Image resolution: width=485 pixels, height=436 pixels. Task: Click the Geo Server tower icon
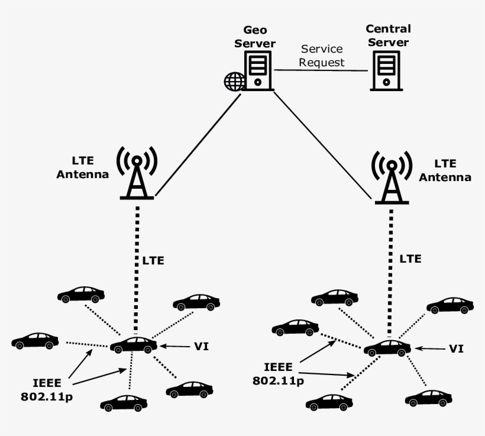(x=258, y=70)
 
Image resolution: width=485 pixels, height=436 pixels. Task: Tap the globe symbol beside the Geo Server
(x=234, y=82)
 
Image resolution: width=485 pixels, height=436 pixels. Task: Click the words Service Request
(x=322, y=56)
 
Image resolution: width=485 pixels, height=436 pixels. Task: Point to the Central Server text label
(x=388, y=35)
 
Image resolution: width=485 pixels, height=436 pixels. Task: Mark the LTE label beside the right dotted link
(x=410, y=259)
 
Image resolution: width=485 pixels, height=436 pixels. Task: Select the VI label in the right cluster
(x=455, y=349)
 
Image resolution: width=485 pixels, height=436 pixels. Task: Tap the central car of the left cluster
(x=134, y=344)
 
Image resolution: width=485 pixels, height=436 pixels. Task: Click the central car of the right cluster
(x=387, y=347)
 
